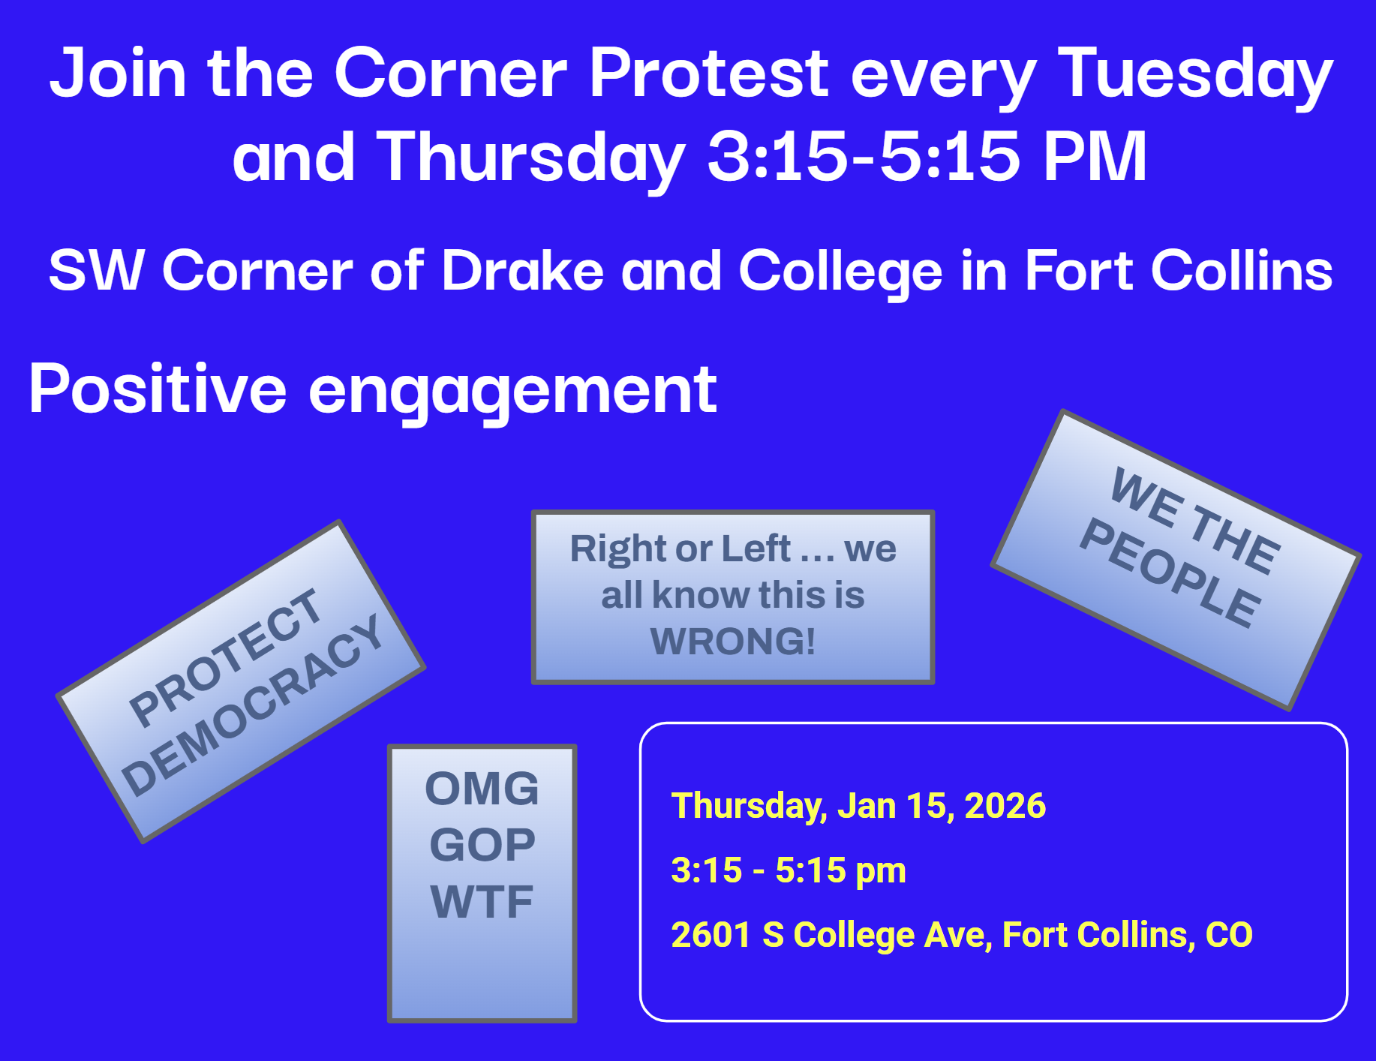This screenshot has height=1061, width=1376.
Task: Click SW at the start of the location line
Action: coord(96,270)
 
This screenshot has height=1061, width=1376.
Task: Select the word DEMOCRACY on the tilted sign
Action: coord(253,705)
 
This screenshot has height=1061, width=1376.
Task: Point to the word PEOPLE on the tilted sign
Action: coord(1170,573)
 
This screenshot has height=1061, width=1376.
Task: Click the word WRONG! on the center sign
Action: coord(733,641)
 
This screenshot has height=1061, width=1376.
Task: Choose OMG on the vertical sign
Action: coord(482,789)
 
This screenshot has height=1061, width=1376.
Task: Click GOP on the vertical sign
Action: coord(482,845)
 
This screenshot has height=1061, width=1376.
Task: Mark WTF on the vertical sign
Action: coord(482,901)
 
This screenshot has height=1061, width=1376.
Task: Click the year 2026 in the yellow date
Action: coord(1005,806)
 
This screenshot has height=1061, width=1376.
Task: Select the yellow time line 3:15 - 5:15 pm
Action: coord(789,871)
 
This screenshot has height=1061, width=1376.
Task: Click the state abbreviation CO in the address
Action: coord(1229,935)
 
